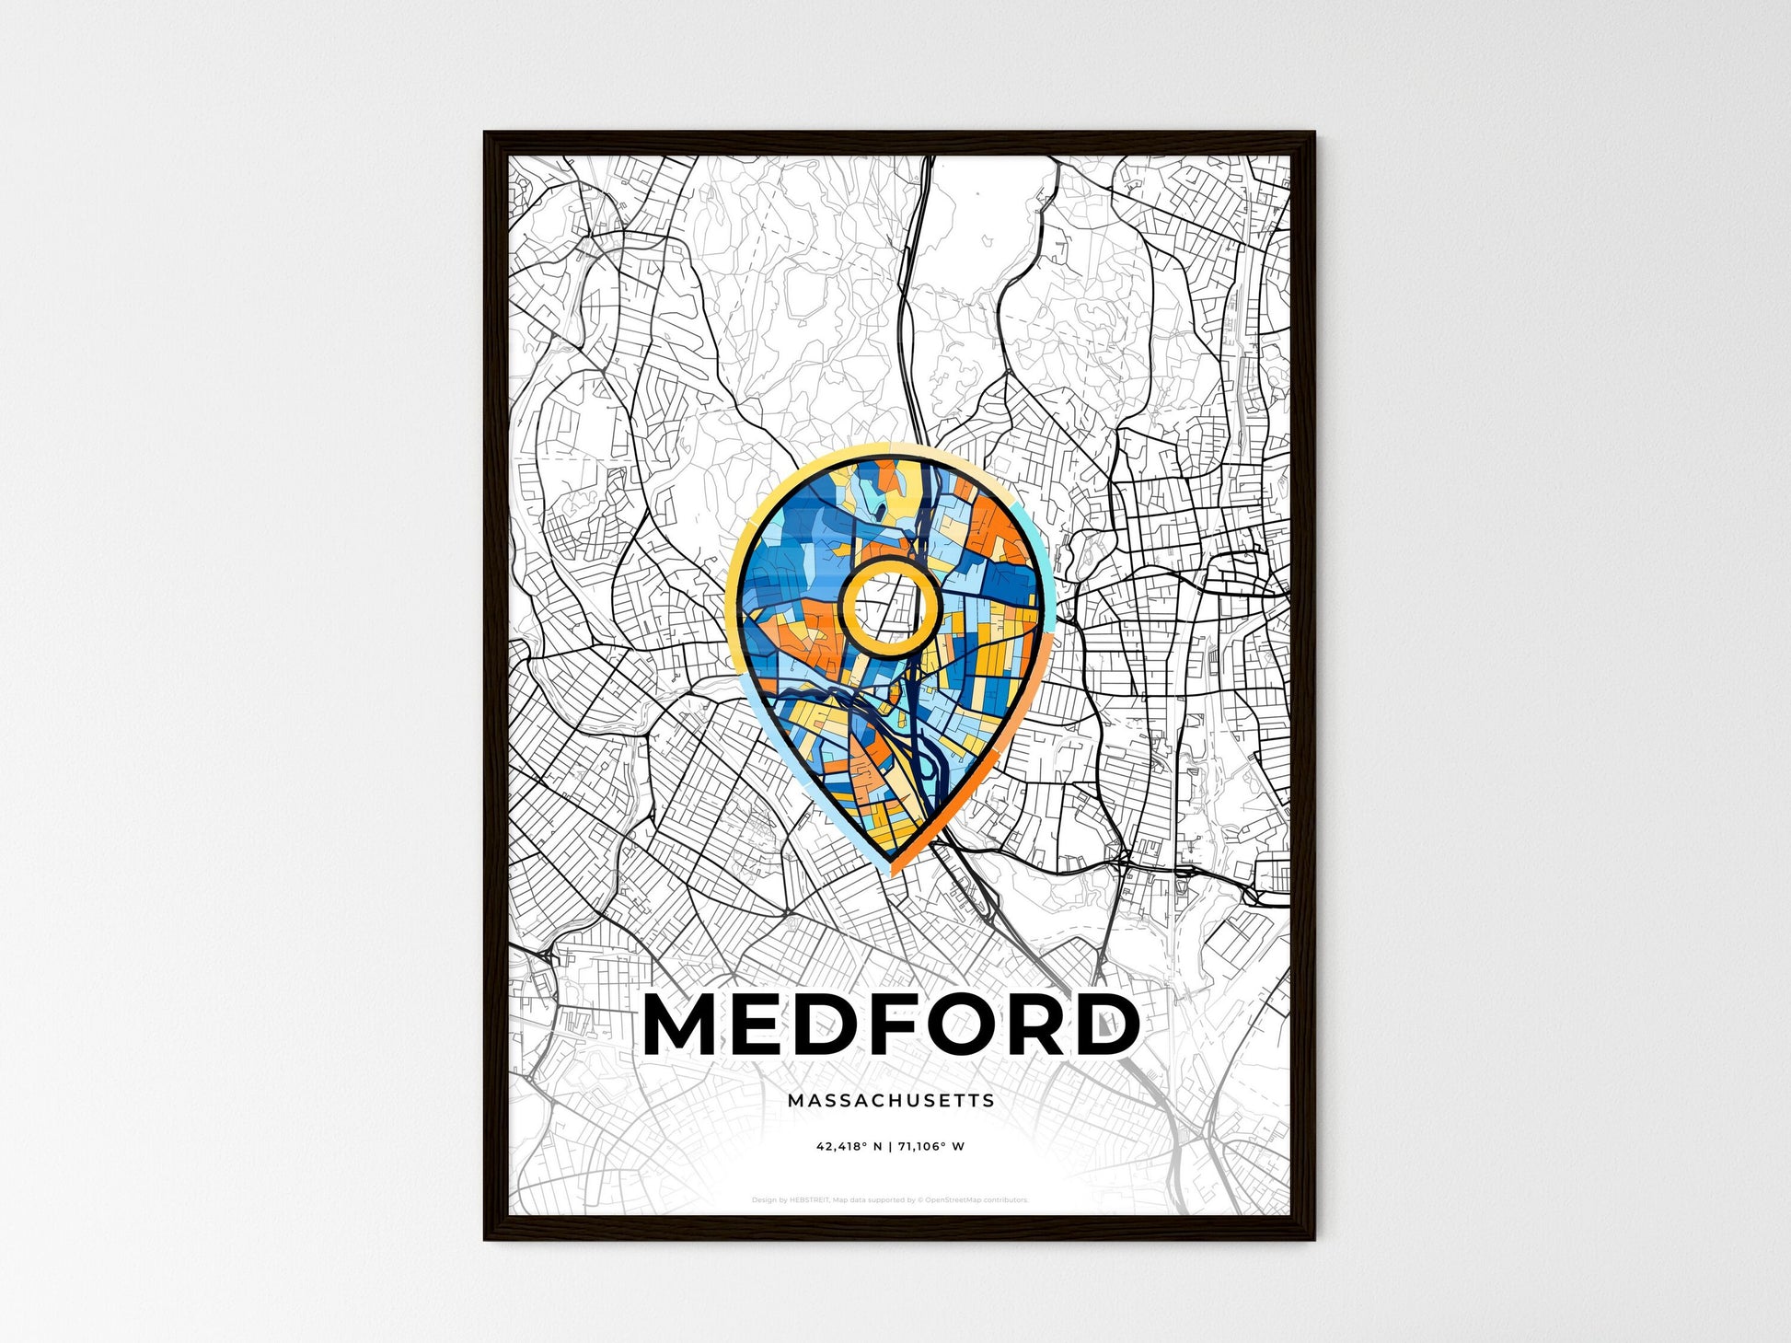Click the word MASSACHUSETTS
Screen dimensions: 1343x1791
(x=891, y=1100)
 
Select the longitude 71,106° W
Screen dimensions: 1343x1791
(x=931, y=1147)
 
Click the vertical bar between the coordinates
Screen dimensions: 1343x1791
(x=890, y=1147)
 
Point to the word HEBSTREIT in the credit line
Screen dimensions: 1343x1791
(x=810, y=1200)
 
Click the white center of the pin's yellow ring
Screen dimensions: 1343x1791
(x=889, y=605)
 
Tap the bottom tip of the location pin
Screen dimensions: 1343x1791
(x=891, y=871)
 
